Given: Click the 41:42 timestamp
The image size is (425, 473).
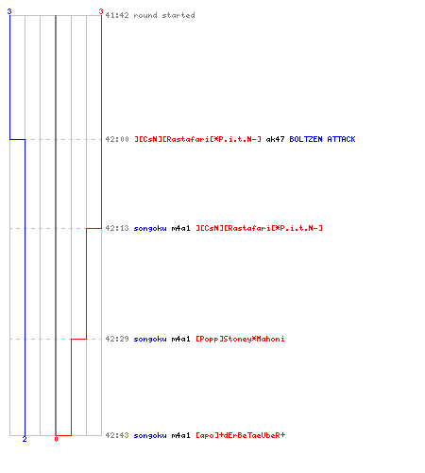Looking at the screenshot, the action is coord(117,15).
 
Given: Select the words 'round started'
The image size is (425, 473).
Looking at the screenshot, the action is coord(164,15).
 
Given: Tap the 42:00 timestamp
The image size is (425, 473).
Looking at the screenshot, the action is coord(117,139).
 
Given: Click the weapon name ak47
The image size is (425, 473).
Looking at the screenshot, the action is coord(275,139).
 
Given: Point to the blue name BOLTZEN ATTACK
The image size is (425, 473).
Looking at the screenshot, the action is coord(322,139).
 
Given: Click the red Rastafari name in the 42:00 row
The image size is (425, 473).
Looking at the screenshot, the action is coord(197,139).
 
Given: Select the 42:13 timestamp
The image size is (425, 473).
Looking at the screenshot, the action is coord(117,228).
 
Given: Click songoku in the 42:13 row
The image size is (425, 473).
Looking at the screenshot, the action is coord(150,228).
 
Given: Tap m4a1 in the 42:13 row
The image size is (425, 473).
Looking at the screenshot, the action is coord(180,228).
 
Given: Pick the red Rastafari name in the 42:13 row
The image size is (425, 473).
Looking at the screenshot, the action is coord(259,228).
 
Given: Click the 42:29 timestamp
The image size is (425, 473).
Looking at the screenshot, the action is coord(117,339).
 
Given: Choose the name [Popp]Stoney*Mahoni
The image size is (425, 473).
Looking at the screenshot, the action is coord(240,339).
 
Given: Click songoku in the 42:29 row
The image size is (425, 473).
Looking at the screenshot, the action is coord(150,339).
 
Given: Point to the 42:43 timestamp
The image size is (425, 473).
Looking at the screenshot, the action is coord(117,435).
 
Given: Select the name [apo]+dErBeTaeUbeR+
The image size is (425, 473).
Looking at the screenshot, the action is coord(240,435).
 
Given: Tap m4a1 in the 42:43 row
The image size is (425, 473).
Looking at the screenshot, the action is coord(180,435).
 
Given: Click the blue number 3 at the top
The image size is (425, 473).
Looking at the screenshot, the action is coord(9,11).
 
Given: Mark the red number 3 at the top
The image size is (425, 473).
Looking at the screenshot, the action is coord(101,11).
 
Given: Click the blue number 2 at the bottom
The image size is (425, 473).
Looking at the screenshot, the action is coord(25,439).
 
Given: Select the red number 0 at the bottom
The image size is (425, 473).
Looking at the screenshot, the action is coord(56,439).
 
